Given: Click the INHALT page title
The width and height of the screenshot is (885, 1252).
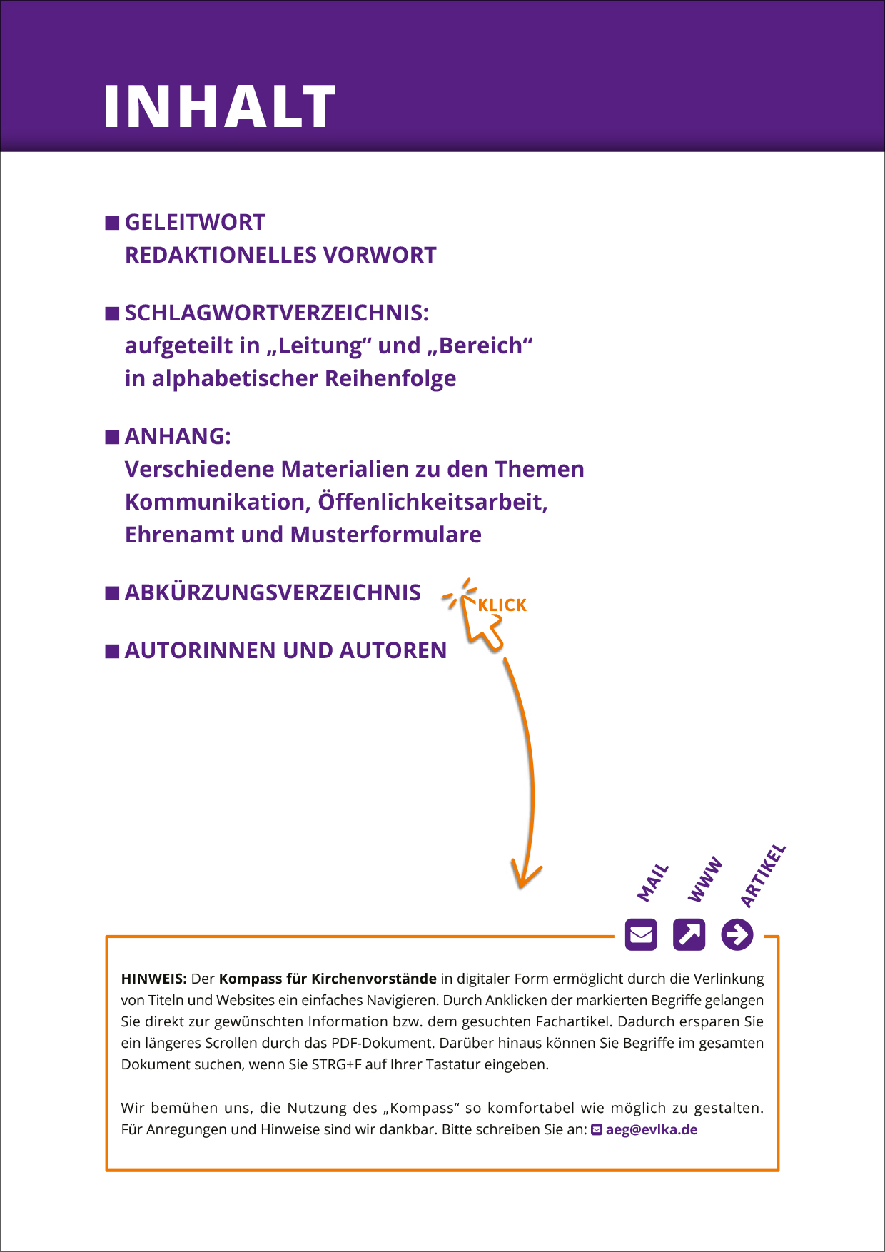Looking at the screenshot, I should point(219,107).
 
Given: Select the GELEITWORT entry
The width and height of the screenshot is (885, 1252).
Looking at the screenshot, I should point(195,223).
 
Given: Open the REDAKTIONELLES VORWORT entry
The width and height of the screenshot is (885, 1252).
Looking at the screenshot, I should point(280,256).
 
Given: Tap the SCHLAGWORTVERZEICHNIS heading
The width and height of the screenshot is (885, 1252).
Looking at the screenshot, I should point(277,313).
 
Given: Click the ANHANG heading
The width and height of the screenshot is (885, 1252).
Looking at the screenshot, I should point(178,436).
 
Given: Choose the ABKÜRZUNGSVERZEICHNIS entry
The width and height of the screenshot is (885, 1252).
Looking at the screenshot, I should point(273,593).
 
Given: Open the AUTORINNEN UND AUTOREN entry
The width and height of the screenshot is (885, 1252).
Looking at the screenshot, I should point(285,651).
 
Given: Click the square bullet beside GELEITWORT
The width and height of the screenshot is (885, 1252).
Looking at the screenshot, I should point(112,223).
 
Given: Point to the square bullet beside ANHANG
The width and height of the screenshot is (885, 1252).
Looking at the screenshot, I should point(112,437).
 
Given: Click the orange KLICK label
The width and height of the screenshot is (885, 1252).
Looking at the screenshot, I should point(502,605).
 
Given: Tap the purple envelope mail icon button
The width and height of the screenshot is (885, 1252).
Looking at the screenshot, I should point(641,934).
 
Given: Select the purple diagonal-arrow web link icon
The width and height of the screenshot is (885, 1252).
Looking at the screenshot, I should point(689,934).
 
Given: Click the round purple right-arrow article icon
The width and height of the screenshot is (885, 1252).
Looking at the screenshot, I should point(737,934).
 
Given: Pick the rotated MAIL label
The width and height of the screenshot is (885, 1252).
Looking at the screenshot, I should point(653,882).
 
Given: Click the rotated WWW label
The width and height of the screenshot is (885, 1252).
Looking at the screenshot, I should point(705,880).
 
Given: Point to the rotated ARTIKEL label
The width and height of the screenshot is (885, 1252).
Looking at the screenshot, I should point(763,876).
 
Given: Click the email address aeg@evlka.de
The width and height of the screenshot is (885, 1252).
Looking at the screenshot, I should point(651,1130).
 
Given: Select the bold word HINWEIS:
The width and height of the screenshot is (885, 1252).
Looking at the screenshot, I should point(153,979).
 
